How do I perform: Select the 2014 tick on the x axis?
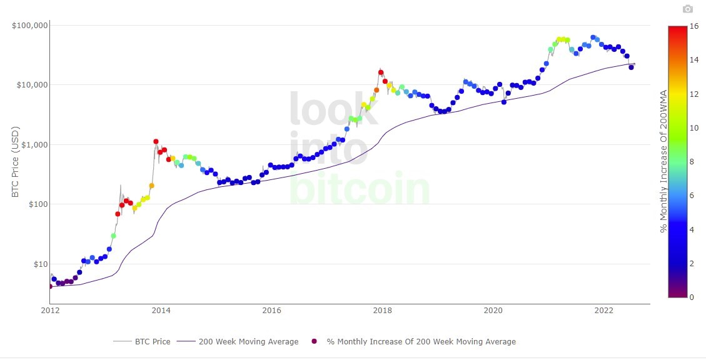point(161,310)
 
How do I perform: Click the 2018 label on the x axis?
point(383,310)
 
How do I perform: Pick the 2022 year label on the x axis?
point(604,310)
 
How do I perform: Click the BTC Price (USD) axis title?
point(16,162)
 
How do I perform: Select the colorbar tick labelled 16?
point(694,26)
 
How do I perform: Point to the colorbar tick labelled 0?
point(692,297)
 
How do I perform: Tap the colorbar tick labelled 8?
point(692,162)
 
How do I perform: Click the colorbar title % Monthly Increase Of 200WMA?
point(664,161)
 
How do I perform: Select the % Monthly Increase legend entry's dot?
point(315,341)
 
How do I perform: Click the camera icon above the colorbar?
point(688,9)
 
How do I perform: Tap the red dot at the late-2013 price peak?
point(156,142)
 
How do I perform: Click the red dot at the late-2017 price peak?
point(381,72)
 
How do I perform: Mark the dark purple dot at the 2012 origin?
point(50,286)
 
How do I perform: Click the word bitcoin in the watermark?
point(360,187)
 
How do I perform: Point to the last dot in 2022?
point(631,67)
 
